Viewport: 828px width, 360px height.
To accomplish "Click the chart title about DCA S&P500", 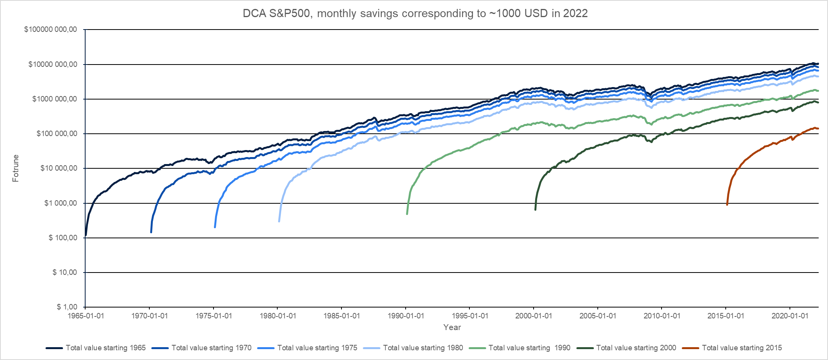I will (415, 14).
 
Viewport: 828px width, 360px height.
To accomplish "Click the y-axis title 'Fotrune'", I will (16, 168).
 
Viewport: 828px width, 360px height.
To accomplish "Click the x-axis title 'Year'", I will (452, 327).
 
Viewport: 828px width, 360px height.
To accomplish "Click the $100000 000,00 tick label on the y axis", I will (51, 30).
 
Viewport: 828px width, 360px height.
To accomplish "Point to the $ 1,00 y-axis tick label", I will (67, 307).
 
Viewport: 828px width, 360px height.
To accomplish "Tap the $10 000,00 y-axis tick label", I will (59, 168).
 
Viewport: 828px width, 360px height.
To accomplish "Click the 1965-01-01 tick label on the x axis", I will (86, 316).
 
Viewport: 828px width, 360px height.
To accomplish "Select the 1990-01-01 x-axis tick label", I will (406, 316).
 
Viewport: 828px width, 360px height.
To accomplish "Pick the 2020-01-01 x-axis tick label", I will (789, 316).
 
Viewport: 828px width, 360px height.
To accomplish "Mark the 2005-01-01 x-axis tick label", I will (598, 316).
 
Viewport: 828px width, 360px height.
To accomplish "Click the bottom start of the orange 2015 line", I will (727, 204).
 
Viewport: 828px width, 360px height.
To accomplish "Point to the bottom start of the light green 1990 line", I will (407, 214).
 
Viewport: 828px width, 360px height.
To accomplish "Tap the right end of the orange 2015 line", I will (818, 129).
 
